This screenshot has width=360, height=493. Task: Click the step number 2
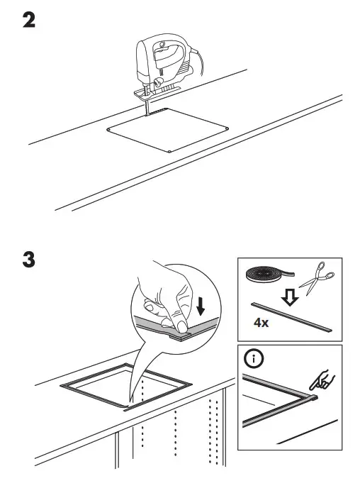[x=29, y=21]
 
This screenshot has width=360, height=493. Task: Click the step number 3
[x=29, y=260]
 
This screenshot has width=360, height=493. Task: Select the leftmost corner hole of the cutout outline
[x=108, y=130]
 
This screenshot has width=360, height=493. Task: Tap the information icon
[x=253, y=359]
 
